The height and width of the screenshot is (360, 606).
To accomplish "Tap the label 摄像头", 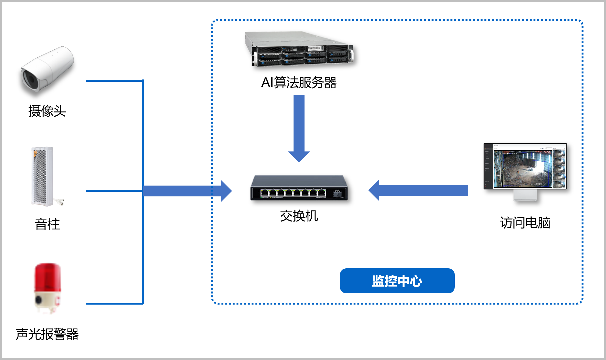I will tap(47, 111).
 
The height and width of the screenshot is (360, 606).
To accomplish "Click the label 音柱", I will tap(47, 224).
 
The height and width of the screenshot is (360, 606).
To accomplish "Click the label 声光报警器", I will tap(47, 334).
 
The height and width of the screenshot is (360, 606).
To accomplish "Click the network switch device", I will tap(299, 188).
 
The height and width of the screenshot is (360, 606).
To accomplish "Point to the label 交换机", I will tap(299, 216).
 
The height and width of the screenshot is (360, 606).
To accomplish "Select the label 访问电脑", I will tap(525, 223).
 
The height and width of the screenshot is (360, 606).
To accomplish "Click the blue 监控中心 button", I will tap(397, 281).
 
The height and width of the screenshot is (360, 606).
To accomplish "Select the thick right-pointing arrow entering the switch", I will tap(187, 191).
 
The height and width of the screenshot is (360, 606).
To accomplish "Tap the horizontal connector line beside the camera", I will tap(114, 81).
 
